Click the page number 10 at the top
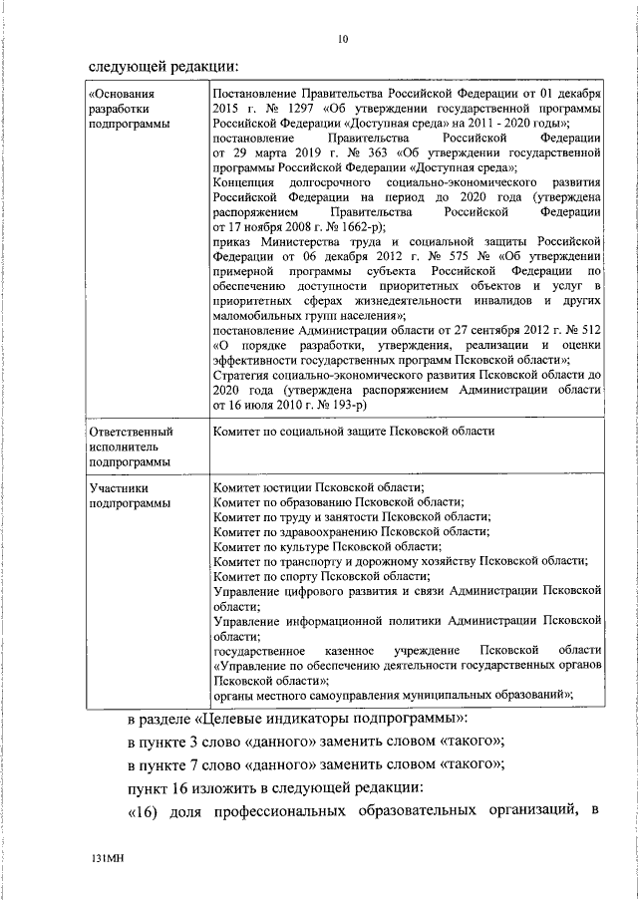click(344, 39)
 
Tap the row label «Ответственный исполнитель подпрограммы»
click(131, 448)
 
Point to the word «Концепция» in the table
click(244, 183)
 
